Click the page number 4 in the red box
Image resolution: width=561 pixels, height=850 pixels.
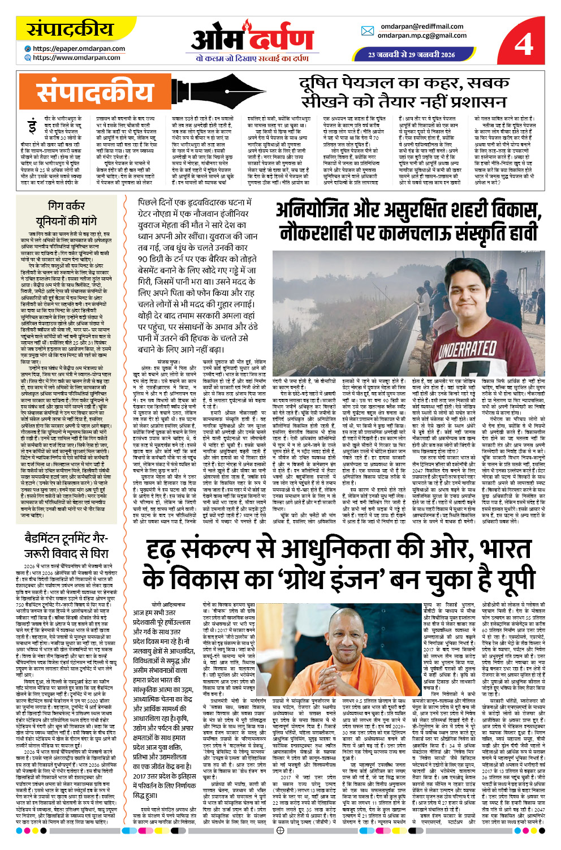[x=524, y=43]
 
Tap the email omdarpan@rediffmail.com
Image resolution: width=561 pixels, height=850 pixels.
[x=421, y=26]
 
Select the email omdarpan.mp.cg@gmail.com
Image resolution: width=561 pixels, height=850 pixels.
[x=422, y=35]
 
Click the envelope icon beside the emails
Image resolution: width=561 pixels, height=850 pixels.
[x=368, y=31]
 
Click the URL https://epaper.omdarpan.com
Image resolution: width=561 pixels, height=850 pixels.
[x=79, y=49]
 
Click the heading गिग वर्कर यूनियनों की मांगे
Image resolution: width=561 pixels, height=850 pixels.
[x=66, y=213]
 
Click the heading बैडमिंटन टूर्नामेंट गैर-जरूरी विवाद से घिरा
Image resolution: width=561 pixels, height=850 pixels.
[x=66, y=545]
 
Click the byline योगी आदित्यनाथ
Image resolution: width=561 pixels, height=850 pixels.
[x=168, y=604]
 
